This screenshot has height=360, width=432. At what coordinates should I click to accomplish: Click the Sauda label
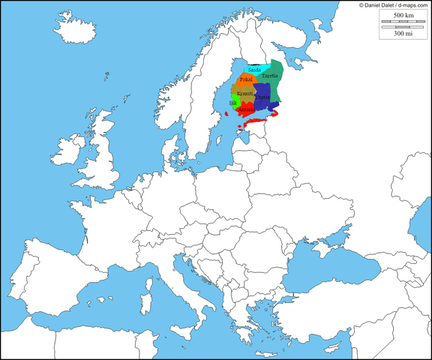click(x=253, y=70)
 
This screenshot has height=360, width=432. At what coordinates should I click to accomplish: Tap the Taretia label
click(x=270, y=76)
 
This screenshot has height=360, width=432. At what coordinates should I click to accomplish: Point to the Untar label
click(x=262, y=97)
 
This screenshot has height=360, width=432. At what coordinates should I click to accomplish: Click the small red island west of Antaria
click(x=224, y=113)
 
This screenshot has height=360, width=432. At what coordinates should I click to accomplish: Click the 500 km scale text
click(x=403, y=15)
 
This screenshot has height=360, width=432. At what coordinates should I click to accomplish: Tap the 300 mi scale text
click(x=403, y=34)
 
